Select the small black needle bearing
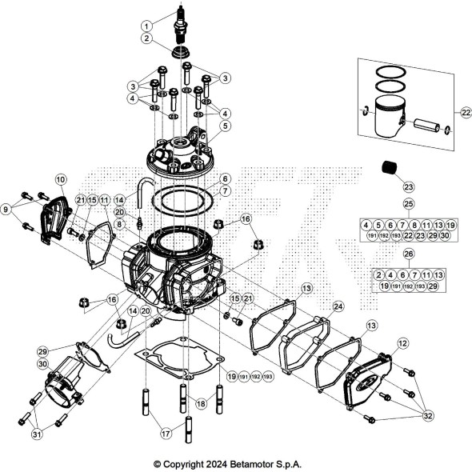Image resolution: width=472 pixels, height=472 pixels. [388, 169]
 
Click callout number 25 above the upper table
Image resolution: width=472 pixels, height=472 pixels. [408, 204]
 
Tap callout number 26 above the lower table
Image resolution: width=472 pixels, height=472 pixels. [408, 254]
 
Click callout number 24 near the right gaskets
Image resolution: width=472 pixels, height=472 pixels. [338, 306]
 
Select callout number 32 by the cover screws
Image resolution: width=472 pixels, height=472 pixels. [427, 415]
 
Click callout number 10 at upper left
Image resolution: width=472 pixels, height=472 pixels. [61, 179]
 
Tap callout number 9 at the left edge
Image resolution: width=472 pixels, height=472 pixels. [8, 210]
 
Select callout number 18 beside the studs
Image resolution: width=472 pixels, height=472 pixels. [201, 405]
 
